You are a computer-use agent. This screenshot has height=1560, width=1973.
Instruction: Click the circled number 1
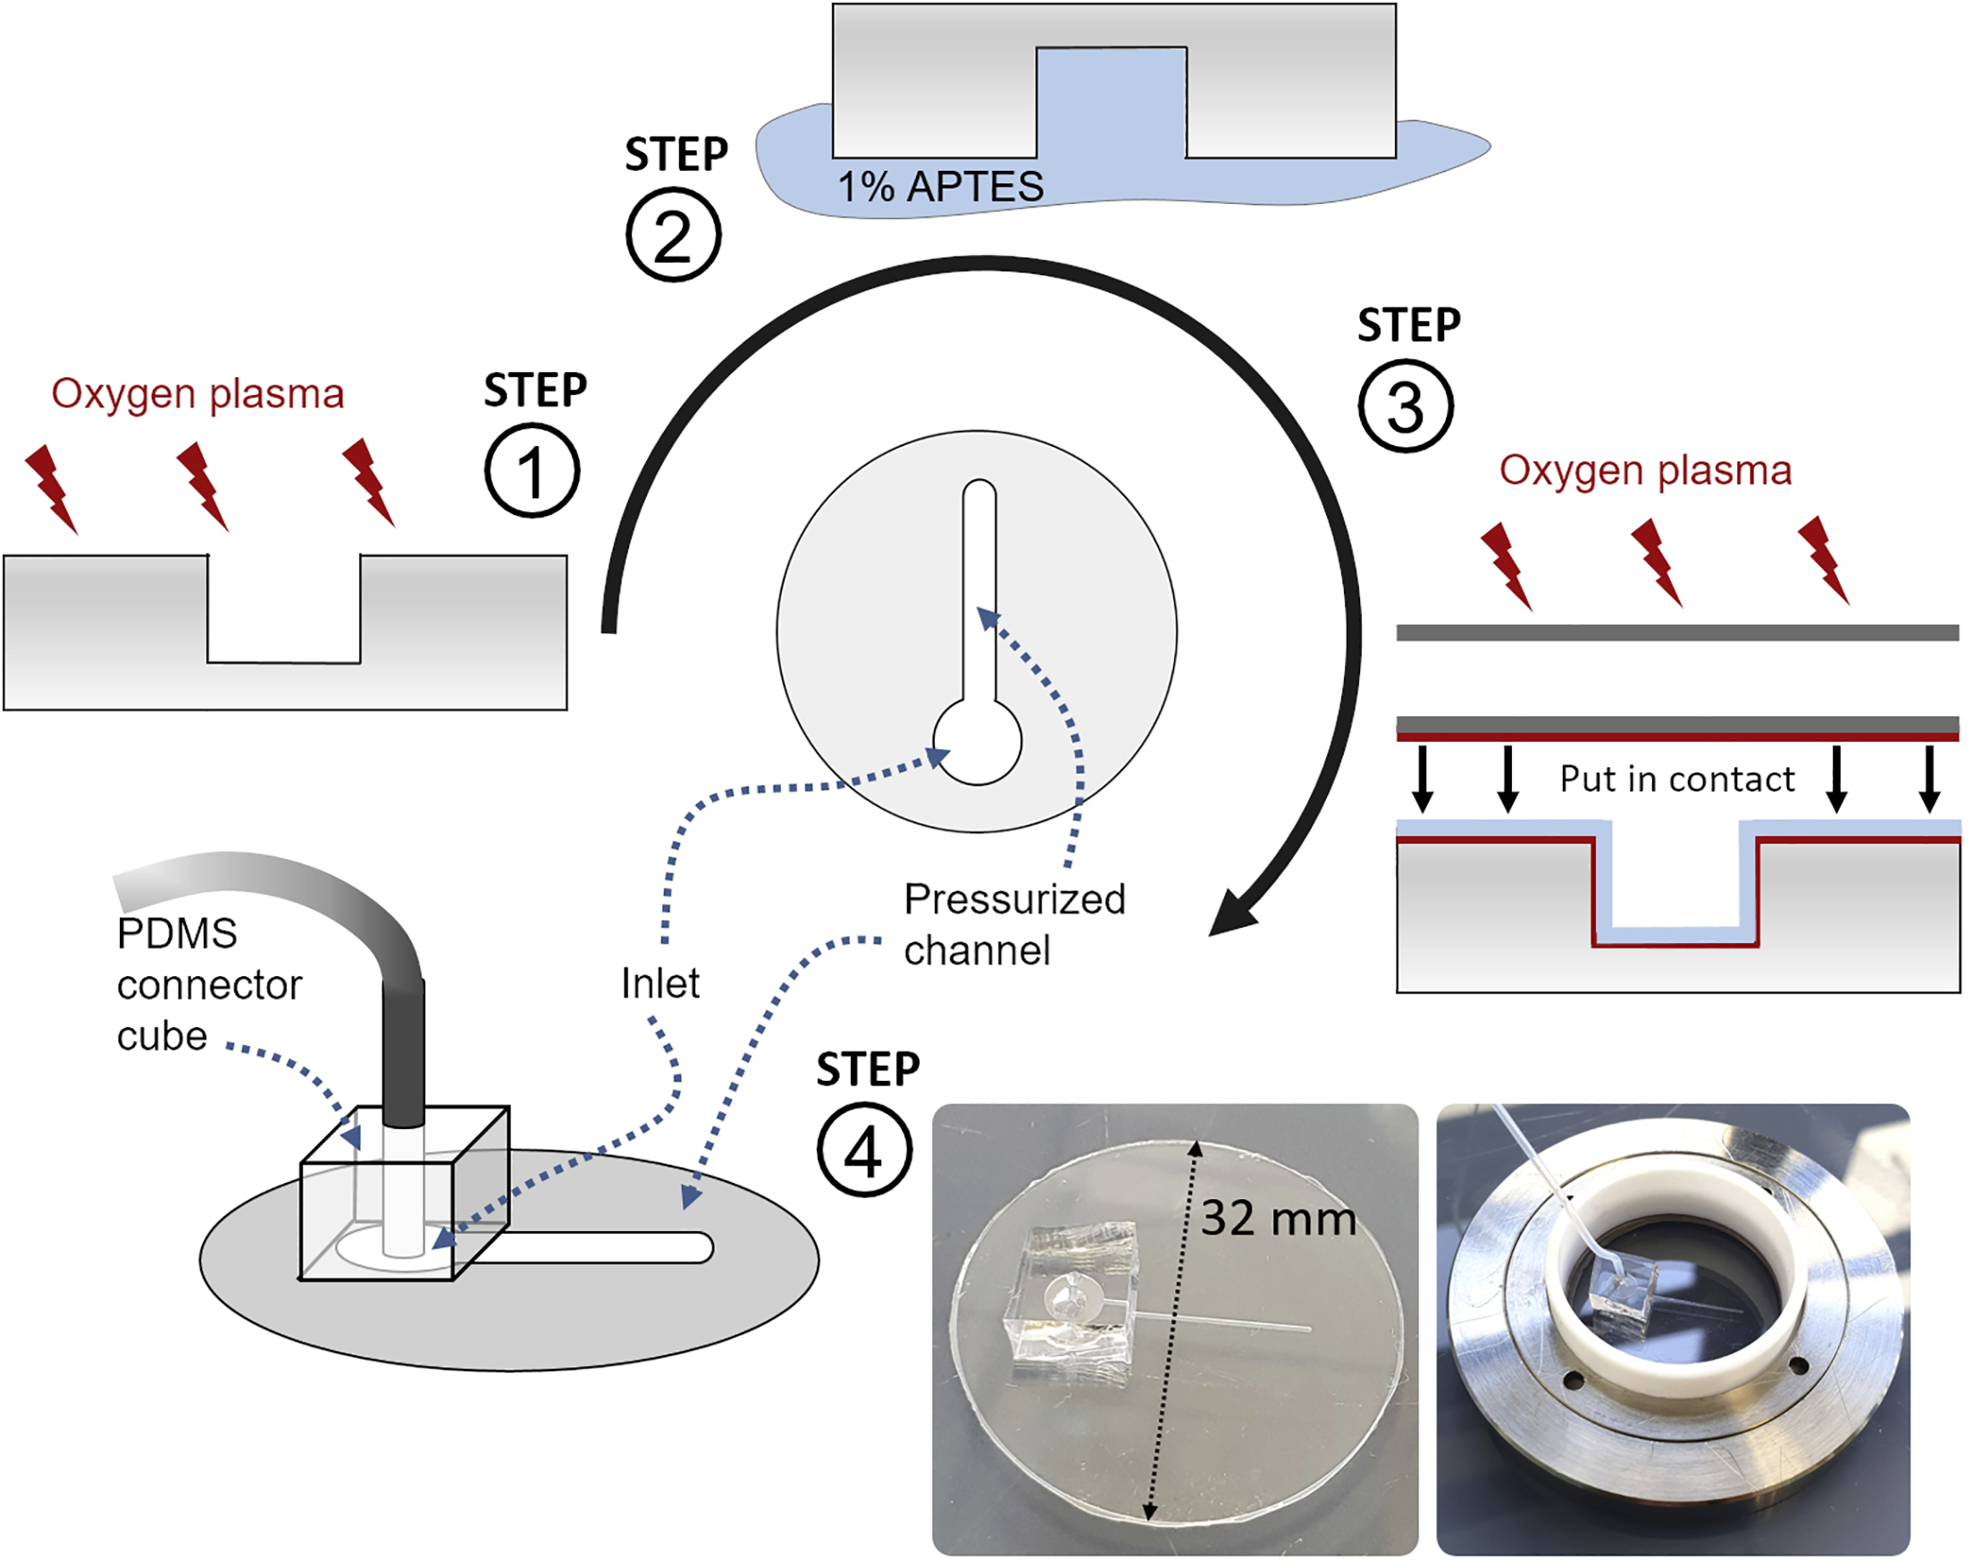coord(532,471)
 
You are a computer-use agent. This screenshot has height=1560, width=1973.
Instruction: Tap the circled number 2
coord(674,236)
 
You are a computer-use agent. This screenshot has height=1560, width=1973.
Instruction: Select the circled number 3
coord(1405,407)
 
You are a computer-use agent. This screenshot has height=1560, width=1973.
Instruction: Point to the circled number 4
coord(864,1151)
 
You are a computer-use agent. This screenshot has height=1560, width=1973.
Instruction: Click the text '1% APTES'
coord(940,187)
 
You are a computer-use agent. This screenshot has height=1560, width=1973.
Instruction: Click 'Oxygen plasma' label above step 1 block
coord(197,394)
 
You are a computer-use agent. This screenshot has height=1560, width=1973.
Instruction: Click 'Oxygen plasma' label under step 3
coord(1645,471)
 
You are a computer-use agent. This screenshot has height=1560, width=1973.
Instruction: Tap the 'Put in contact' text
coord(1676,779)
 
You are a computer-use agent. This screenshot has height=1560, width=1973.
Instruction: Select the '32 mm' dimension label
coord(1278,1218)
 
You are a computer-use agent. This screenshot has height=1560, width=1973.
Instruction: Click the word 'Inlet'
coord(660,983)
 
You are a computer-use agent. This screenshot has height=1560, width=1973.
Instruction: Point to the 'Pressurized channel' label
coord(1013,924)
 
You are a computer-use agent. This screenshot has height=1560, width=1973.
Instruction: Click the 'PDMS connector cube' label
coord(208,984)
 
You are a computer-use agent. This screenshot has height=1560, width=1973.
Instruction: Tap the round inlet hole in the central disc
coord(977,742)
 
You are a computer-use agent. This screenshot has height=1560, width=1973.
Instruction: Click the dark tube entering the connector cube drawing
coord(404,1050)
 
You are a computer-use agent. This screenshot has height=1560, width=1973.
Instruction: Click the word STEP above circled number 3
coord(1409,326)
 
